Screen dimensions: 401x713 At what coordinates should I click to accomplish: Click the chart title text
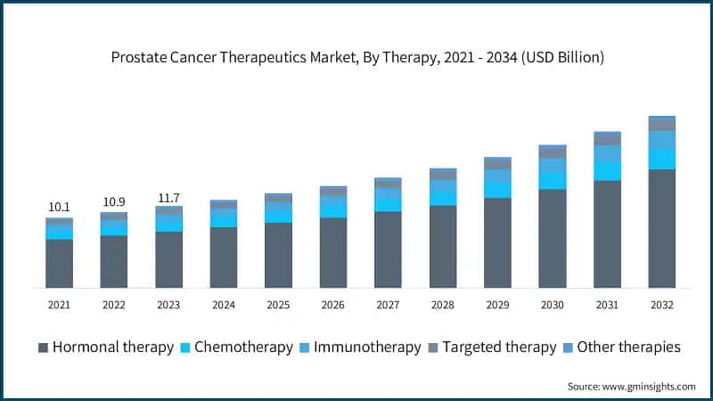point(357,58)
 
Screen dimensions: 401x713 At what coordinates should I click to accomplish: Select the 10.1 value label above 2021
point(59,207)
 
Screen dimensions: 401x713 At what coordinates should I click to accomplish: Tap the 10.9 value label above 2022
point(113,201)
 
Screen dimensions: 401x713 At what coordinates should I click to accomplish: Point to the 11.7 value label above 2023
point(168,196)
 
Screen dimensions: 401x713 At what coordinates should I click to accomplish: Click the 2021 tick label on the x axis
point(59,305)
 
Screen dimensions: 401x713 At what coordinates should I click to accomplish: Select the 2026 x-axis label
point(333,305)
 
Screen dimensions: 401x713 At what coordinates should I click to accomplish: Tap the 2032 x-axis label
point(662,305)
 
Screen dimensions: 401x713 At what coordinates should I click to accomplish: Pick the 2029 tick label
point(497,305)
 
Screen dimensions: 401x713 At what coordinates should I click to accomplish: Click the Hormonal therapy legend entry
point(106,347)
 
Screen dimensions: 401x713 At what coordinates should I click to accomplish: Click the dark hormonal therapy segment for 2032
point(662,228)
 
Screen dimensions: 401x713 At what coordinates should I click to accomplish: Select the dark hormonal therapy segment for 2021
point(59,263)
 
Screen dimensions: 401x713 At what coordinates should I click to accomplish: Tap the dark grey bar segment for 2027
point(388,250)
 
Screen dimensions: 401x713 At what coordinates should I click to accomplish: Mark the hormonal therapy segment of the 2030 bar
point(553,238)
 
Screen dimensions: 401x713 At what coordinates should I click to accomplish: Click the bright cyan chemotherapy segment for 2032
point(662,159)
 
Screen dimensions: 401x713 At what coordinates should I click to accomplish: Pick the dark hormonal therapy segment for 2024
point(224,257)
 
